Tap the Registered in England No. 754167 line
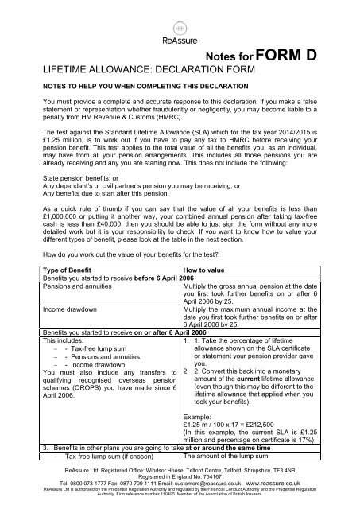[x=180, y=476]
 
